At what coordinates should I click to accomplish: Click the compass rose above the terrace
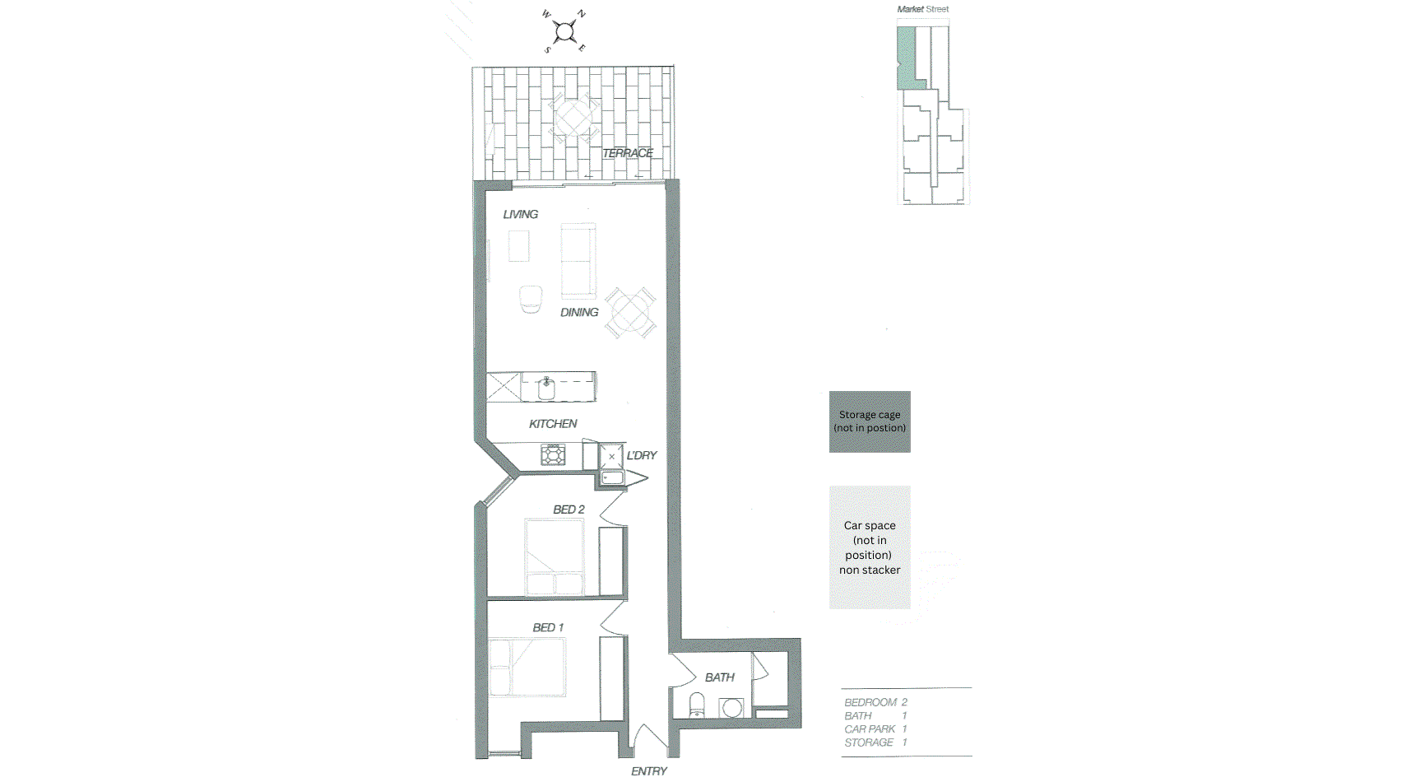[564, 32]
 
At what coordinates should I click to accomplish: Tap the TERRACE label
[627, 153]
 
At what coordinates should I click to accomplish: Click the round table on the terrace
[573, 119]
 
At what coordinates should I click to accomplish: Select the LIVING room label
[520, 214]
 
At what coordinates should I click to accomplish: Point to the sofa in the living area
[578, 260]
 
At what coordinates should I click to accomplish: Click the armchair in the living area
[531, 299]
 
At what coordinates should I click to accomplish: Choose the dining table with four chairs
[630, 312]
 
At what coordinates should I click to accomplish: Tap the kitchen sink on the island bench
[546, 388]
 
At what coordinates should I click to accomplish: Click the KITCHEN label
[552, 424]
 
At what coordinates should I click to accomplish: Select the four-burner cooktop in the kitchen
[553, 454]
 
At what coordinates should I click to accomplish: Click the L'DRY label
[641, 455]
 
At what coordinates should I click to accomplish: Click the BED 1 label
[548, 627]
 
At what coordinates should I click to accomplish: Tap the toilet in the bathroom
[697, 705]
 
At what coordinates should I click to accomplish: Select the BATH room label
[719, 677]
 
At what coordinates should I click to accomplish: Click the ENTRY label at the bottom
[648, 771]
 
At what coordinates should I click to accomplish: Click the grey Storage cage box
[870, 421]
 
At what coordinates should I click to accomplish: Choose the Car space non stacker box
[870, 547]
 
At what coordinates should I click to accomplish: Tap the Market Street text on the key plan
[922, 9]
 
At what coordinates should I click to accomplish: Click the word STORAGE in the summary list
[868, 742]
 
